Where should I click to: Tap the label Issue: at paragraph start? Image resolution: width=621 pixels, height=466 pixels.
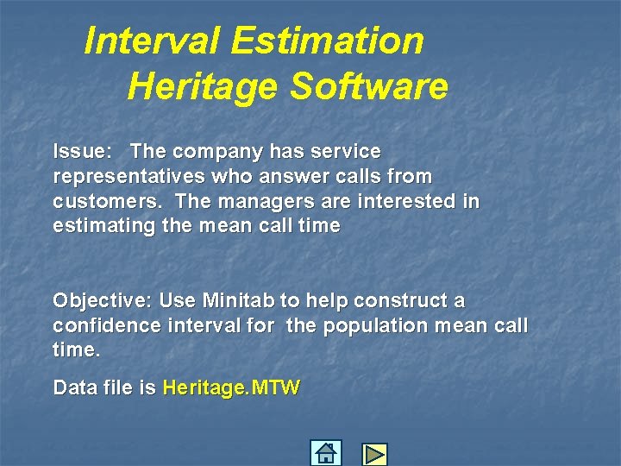click(x=82, y=152)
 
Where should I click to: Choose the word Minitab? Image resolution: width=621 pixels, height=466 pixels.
click(x=238, y=301)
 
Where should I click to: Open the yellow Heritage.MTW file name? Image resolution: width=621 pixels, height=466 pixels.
click(x=230, y=388)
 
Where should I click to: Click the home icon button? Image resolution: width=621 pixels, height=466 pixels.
click(x=325, y=453)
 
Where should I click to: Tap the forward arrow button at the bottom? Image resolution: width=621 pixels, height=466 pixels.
click(x=374, y=454)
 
